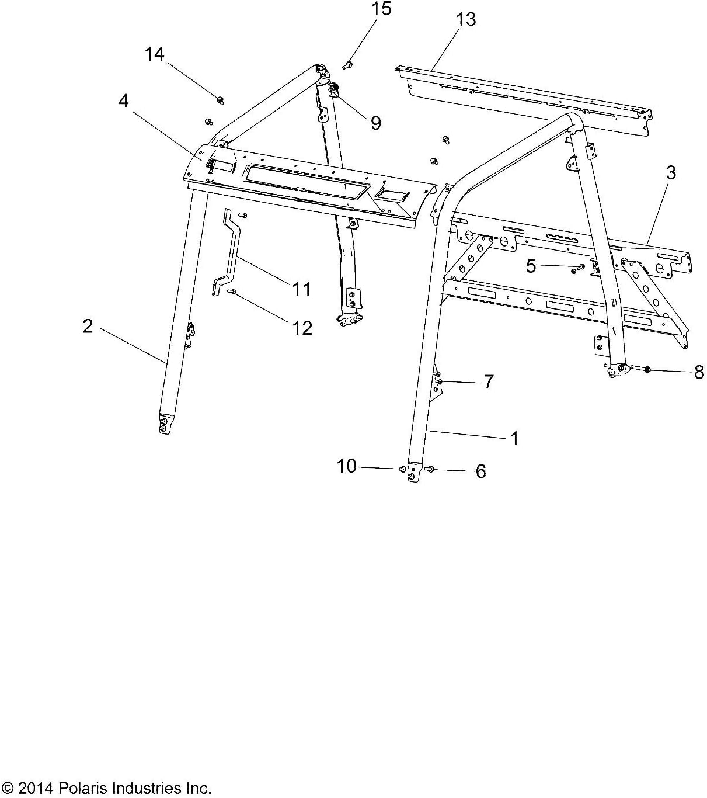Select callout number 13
tap(465, 19)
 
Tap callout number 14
tap(155, 54)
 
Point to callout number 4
tap(123, 101)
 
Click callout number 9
tap(375, 122)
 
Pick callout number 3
tap(671, 173)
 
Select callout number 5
tap(530, 266)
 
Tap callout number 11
tap(301, 289)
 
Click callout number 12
tap(302, 328)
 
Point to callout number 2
tap(88, 326)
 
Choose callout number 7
tap(488, 381)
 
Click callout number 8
tap(698, 372)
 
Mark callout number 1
tap(514, 438)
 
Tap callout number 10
tap(346, 466)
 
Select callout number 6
tap(480, 471)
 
